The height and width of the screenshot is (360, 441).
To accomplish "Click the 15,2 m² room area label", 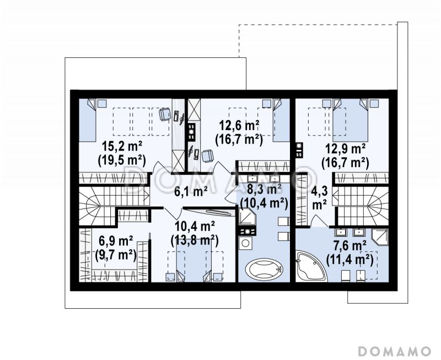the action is pyautogui.click(x=122, y=147).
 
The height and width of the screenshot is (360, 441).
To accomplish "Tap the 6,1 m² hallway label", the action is pyautogui.click(x=191, y=191).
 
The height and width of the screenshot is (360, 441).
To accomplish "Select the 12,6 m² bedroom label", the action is pyautogui.click(x=239, y=126).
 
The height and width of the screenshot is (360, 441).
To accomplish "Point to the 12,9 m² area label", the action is pyautogui.click(x=346, y=149).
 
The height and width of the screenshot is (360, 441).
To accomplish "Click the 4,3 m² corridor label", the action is pyautogui.click(x=319, y=198).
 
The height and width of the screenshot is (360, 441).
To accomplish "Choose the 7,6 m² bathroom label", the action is pyautogui.click(x=350, y=245).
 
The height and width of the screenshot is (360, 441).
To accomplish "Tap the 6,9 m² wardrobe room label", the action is pyautogui.click(x=116, y=241).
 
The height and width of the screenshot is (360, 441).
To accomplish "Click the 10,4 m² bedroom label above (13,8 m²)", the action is pyautogui.click(x=195, y=226).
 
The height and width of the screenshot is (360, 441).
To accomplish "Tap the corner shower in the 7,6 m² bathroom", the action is pyautogui.click(x=380, y=238).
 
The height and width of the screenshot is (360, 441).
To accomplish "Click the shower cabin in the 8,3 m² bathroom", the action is pyautogui.click(x=247, y=217).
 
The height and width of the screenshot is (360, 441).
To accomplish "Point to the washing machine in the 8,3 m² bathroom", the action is pyautogui.click(x=245, y=243).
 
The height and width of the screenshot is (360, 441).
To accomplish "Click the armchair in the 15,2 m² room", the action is pyautogui.click(x=165, y=115).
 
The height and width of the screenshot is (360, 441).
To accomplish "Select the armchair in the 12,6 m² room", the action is pyautogui.click(x=208, y=156).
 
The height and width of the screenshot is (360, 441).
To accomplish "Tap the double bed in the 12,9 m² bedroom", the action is pyautogui.click(x=351, y=120).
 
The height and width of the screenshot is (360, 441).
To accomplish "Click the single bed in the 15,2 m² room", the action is pyautogui.click(x=87, y=120).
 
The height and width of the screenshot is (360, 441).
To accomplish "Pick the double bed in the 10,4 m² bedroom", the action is pyautogui.click(x=194, y=260).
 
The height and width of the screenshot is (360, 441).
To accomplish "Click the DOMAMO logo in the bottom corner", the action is pyautogui.click(x=394, y=351).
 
